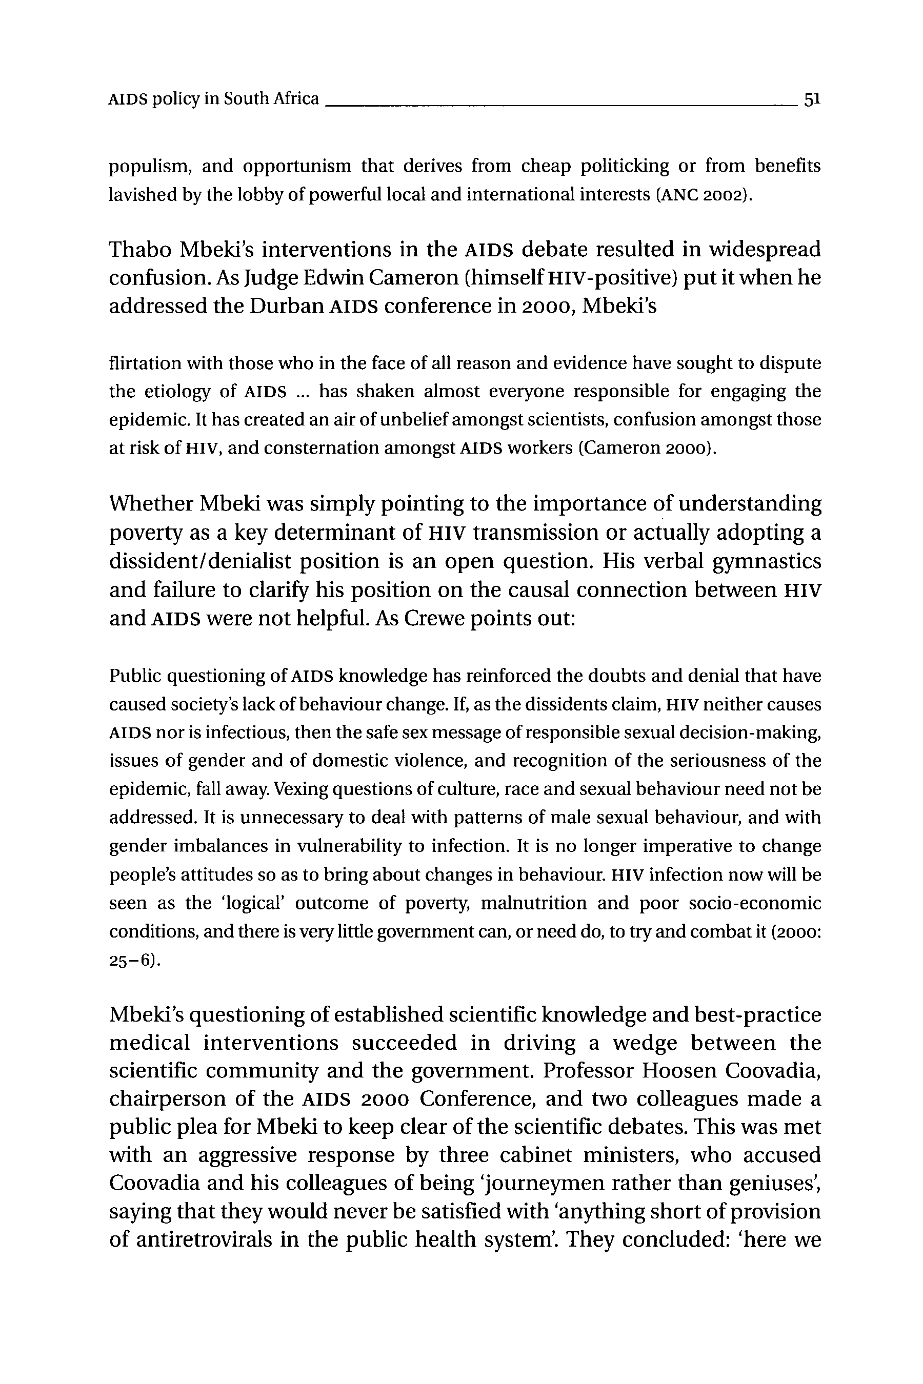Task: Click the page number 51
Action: tap(812, 99)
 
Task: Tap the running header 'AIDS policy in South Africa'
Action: tap(214, 99)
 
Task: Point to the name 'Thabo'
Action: tap(139, 250)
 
